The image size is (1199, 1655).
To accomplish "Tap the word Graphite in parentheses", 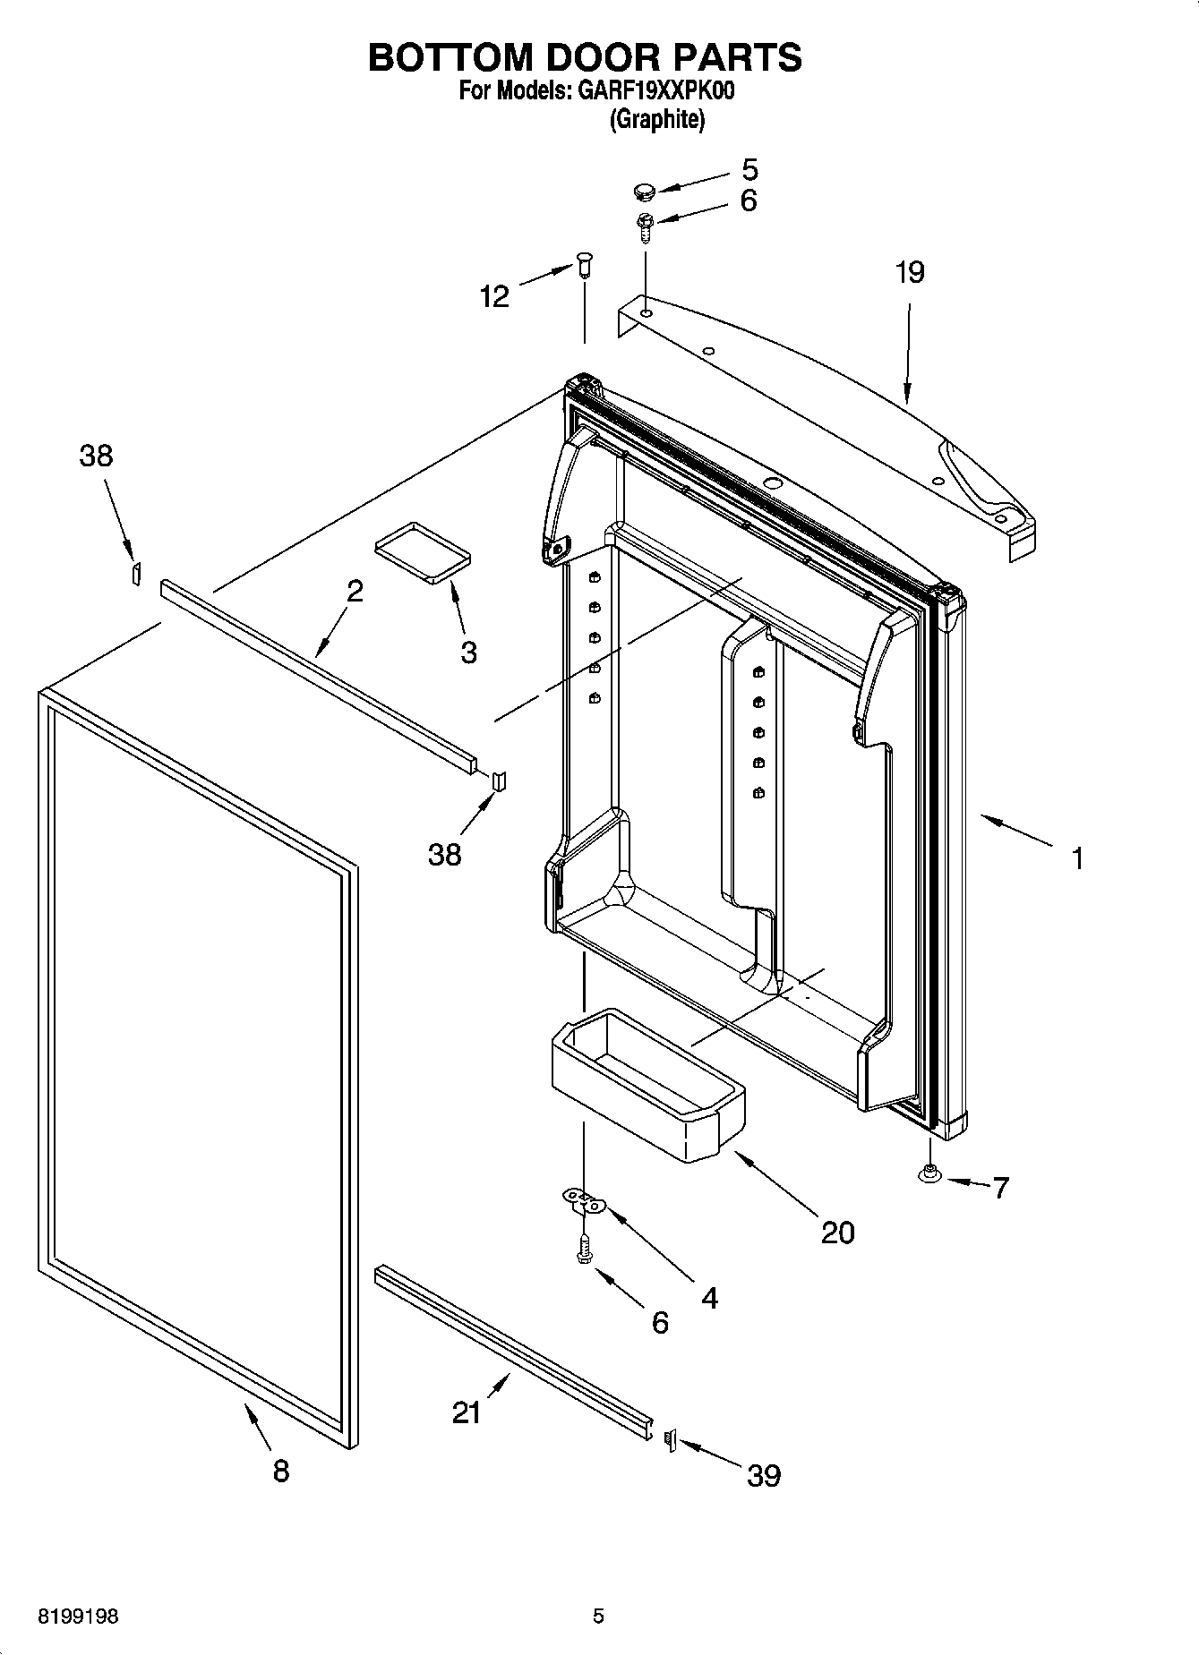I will pos(657,119).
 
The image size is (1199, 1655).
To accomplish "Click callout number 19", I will pos(910,272).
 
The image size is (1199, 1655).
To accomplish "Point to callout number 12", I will pos(494,295).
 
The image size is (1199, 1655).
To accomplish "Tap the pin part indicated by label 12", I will pos(585,264).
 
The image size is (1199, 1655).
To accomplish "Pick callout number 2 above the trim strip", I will pos(355,591).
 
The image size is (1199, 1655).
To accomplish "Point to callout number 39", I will pos(764,1475).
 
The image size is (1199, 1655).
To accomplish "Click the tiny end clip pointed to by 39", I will pos(669,1439).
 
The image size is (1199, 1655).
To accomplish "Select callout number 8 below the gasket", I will pos(281,1470).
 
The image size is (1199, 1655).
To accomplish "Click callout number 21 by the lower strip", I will pos(467,1412).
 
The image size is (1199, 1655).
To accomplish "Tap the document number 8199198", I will pos(77,1616).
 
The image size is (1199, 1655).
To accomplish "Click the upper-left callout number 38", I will pos(96,456).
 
